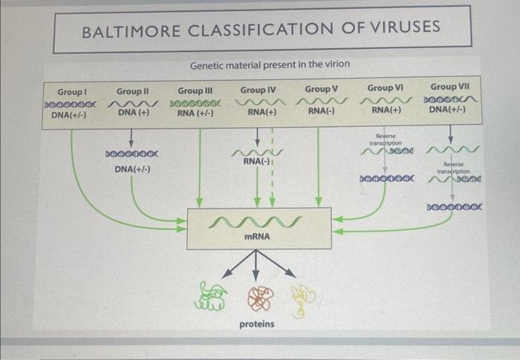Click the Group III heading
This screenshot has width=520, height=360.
pyautogui.click(x=195, y=91)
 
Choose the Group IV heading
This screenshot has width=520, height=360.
pyautogui.click(x=258, y=90)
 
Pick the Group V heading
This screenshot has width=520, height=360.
pyautogui.click(x=321, y=89)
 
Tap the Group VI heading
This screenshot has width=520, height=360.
pyautogui.click(x=385, y=88)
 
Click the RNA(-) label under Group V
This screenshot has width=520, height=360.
pyautogui.click(x=321, y=111)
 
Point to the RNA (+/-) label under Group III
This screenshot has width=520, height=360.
pyautogui.click(x=195, y=114)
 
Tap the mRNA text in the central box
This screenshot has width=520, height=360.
pyautogui.click(x=256, y=237)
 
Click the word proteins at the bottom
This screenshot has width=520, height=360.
pyautogui.click(x=256, y=324)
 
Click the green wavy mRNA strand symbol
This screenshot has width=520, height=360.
pyautogui.click(x=256, y=220)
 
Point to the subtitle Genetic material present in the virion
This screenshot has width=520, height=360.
pyautogui.click(x=270, y=65)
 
